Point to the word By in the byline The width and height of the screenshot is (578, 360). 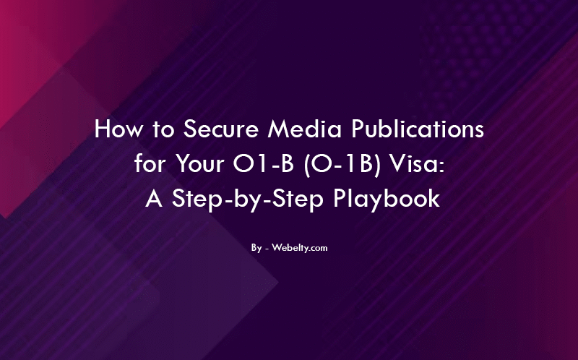[256, 248]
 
